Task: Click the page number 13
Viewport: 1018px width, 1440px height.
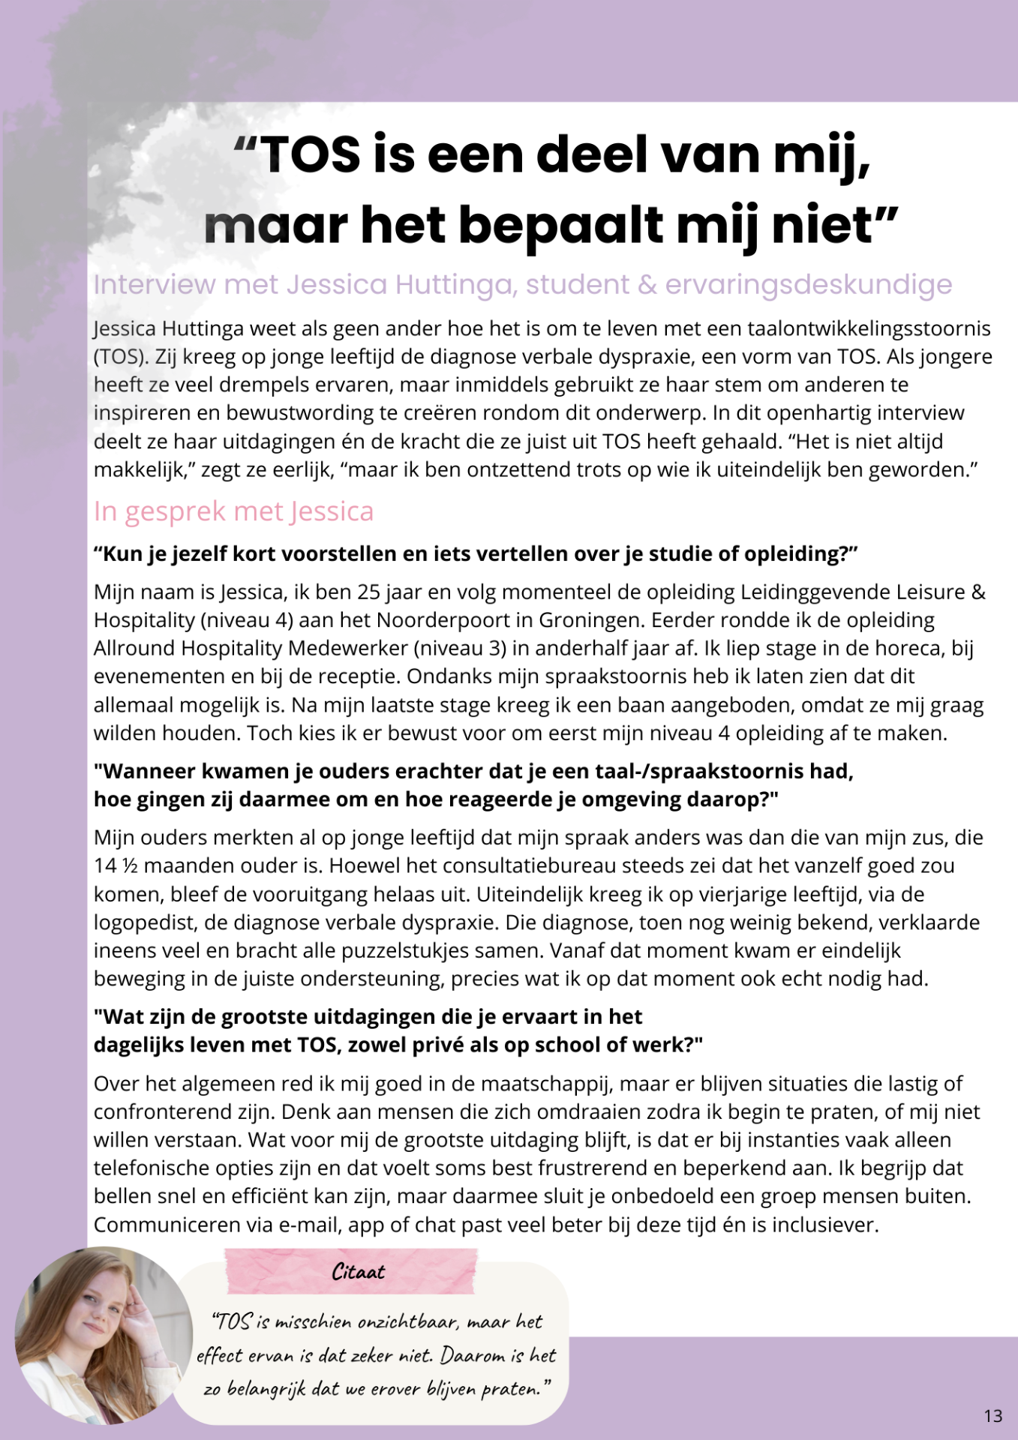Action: pos(992,1416)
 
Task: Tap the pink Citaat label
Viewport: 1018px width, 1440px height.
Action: pos(358,1272)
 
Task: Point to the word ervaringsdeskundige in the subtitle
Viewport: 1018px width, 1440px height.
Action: pos(809,285)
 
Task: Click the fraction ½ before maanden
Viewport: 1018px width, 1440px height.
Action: pos(130,866)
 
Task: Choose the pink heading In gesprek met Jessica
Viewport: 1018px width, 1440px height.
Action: pos(233,511)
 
